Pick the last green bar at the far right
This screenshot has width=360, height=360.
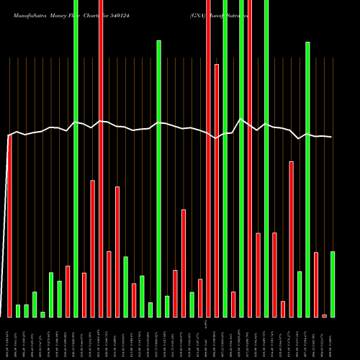point(333,284)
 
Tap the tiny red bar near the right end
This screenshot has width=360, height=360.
point(325,315)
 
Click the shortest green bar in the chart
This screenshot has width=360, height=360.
point(42,314)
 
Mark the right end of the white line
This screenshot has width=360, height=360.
point(332,137)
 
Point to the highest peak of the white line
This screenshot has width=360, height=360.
point(241,120)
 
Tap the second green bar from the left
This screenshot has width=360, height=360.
point(26,310)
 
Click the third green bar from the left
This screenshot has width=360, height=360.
point(35,304)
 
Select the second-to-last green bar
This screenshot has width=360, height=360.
point(308,179)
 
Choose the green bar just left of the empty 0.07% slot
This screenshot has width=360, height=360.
point(192,304)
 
